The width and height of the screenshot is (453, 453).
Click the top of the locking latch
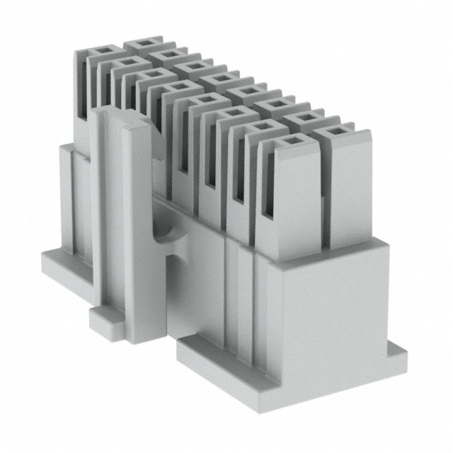(x=120, y=117)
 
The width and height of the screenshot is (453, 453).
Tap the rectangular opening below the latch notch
(x=171, y=283)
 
